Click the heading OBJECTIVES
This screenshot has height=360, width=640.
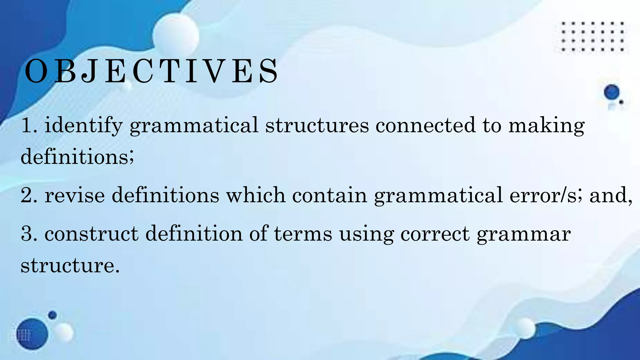(151, 71)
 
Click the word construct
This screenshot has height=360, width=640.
(91, 234)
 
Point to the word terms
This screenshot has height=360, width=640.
(303, 234)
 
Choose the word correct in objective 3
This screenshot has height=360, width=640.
(435, 234)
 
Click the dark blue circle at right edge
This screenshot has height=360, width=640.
(611, 92)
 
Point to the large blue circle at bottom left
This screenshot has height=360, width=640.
(32, 334)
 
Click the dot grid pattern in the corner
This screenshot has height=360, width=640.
(592, 37)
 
